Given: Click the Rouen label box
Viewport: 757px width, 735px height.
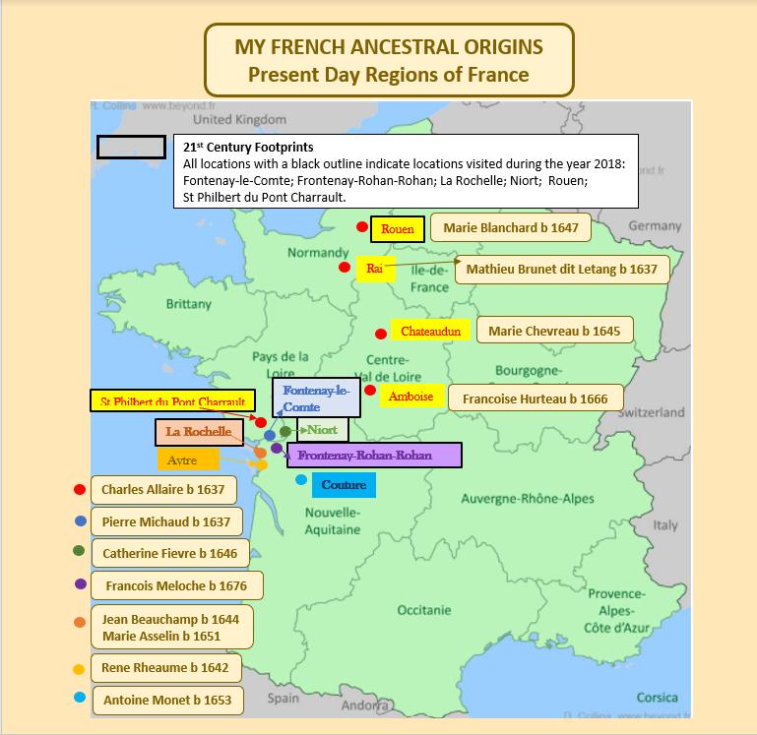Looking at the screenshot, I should [x=399, y=229].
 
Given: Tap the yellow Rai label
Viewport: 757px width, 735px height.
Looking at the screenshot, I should [x=375, y=268].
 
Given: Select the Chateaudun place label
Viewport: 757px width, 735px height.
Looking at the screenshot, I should [x=430, y=332].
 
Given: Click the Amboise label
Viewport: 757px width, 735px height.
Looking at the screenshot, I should [x=410, y=396].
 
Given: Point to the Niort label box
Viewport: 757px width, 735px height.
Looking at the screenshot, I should [x=322, y=430].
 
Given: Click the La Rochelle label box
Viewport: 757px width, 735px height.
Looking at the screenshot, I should [x=199, y=432].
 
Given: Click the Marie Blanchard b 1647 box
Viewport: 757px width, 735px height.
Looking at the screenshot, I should [x=510, y=227].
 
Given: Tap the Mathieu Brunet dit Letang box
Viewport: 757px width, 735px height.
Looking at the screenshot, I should [x=560, y=269].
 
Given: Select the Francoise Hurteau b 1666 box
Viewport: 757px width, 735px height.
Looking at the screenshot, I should [x=536, y=398].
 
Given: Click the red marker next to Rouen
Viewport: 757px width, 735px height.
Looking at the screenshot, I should [x=362, y=227].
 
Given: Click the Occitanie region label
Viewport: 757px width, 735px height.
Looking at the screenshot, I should [x=424, y=610].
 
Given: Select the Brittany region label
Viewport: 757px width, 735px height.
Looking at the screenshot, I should [x=188, y=304].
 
